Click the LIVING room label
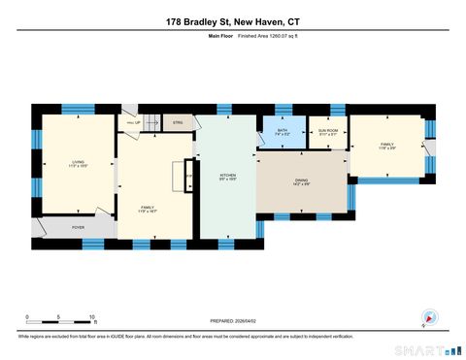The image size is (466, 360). point(79,162)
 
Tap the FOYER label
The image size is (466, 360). point(79,227)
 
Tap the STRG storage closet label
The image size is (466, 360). point(178,122)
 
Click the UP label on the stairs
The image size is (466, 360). point(137,122)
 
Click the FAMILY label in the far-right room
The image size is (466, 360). point(387,144)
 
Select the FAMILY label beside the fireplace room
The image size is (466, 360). point(148,207)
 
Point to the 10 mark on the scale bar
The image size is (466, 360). point(91,316)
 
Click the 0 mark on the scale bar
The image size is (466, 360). point(27,316)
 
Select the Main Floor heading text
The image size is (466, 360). point(221,35)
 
